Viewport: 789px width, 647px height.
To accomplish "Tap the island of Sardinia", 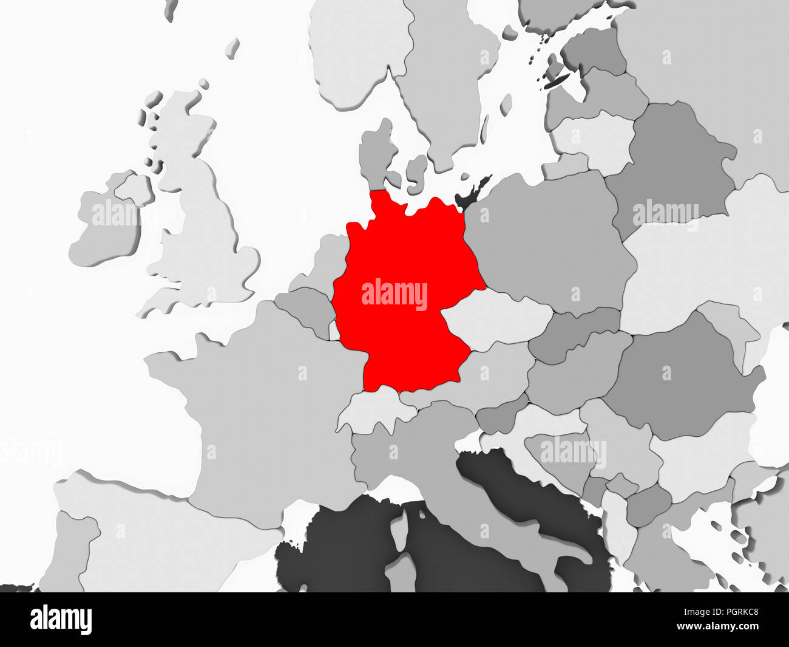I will [x=398, y=574].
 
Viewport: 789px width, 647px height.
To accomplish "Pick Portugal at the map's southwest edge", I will [x=76, y=541].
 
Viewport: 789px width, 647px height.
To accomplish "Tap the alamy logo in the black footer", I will [x=61, y=620].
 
